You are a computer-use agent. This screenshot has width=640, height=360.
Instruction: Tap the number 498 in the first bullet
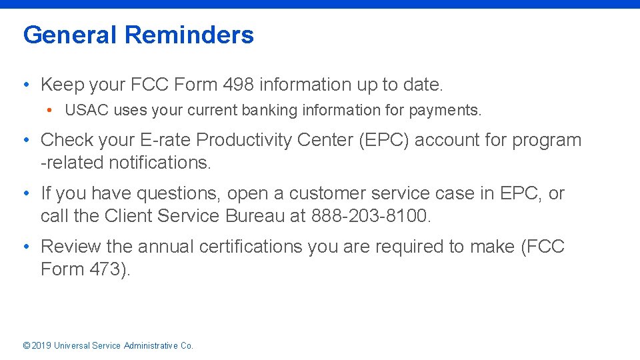[238, 85]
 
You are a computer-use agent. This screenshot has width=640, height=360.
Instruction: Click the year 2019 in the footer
[41, 345]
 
